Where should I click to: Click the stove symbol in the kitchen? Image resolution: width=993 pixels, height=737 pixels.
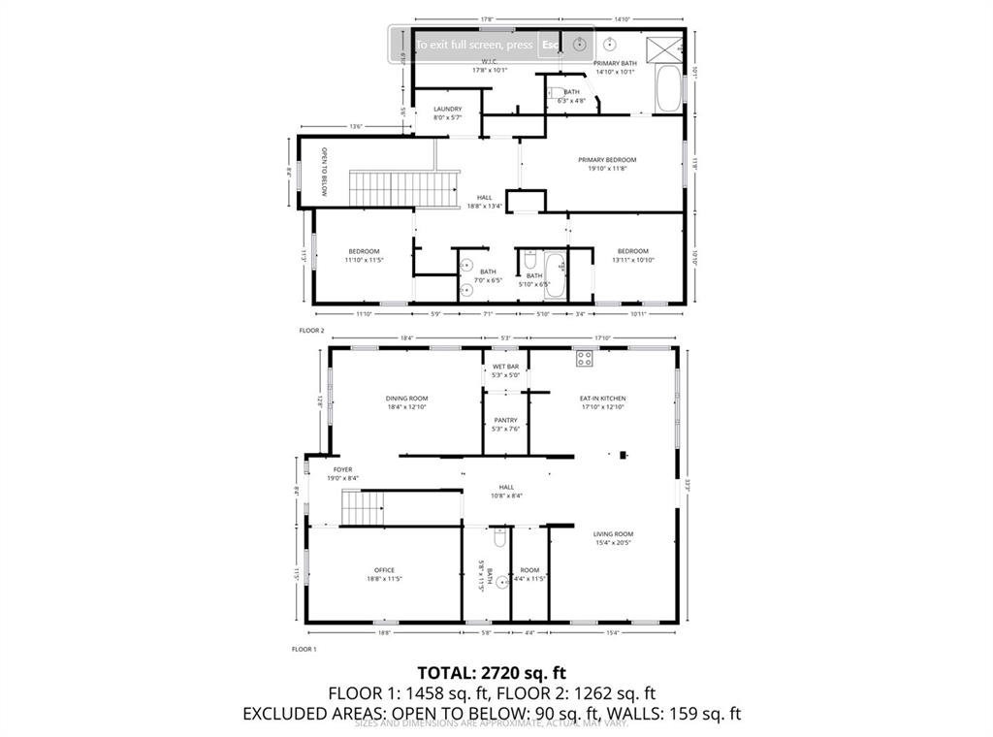tap(585, 358)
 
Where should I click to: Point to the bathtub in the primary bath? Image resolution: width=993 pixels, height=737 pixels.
tap(668, 90)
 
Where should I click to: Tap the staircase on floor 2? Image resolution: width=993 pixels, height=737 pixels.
tap(402, 188)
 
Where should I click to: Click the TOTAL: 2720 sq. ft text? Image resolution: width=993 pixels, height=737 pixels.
tap(491, 672)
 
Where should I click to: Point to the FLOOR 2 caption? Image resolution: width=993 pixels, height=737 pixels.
tap(311, 331)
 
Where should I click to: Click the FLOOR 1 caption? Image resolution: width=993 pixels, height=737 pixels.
tap(304, 649)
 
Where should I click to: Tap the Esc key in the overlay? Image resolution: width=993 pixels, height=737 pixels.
tap(550, 45)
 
